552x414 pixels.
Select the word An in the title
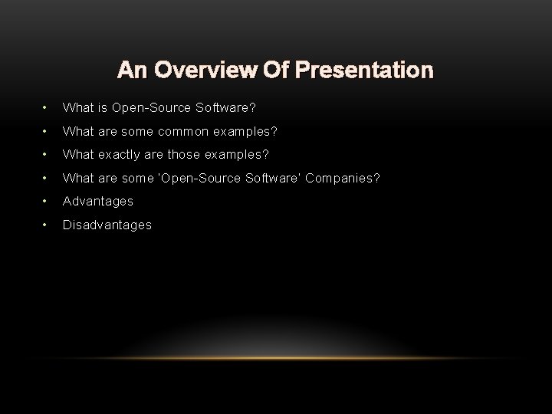pos(130,71)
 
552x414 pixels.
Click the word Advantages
pos(97,201)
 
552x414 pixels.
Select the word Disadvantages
pos(107,225)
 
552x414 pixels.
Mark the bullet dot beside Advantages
pos(48,201)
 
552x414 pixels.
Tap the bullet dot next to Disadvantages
pos(48,225)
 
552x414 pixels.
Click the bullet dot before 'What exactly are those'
pos(48,155)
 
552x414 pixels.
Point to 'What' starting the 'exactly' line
pos(77,155)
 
